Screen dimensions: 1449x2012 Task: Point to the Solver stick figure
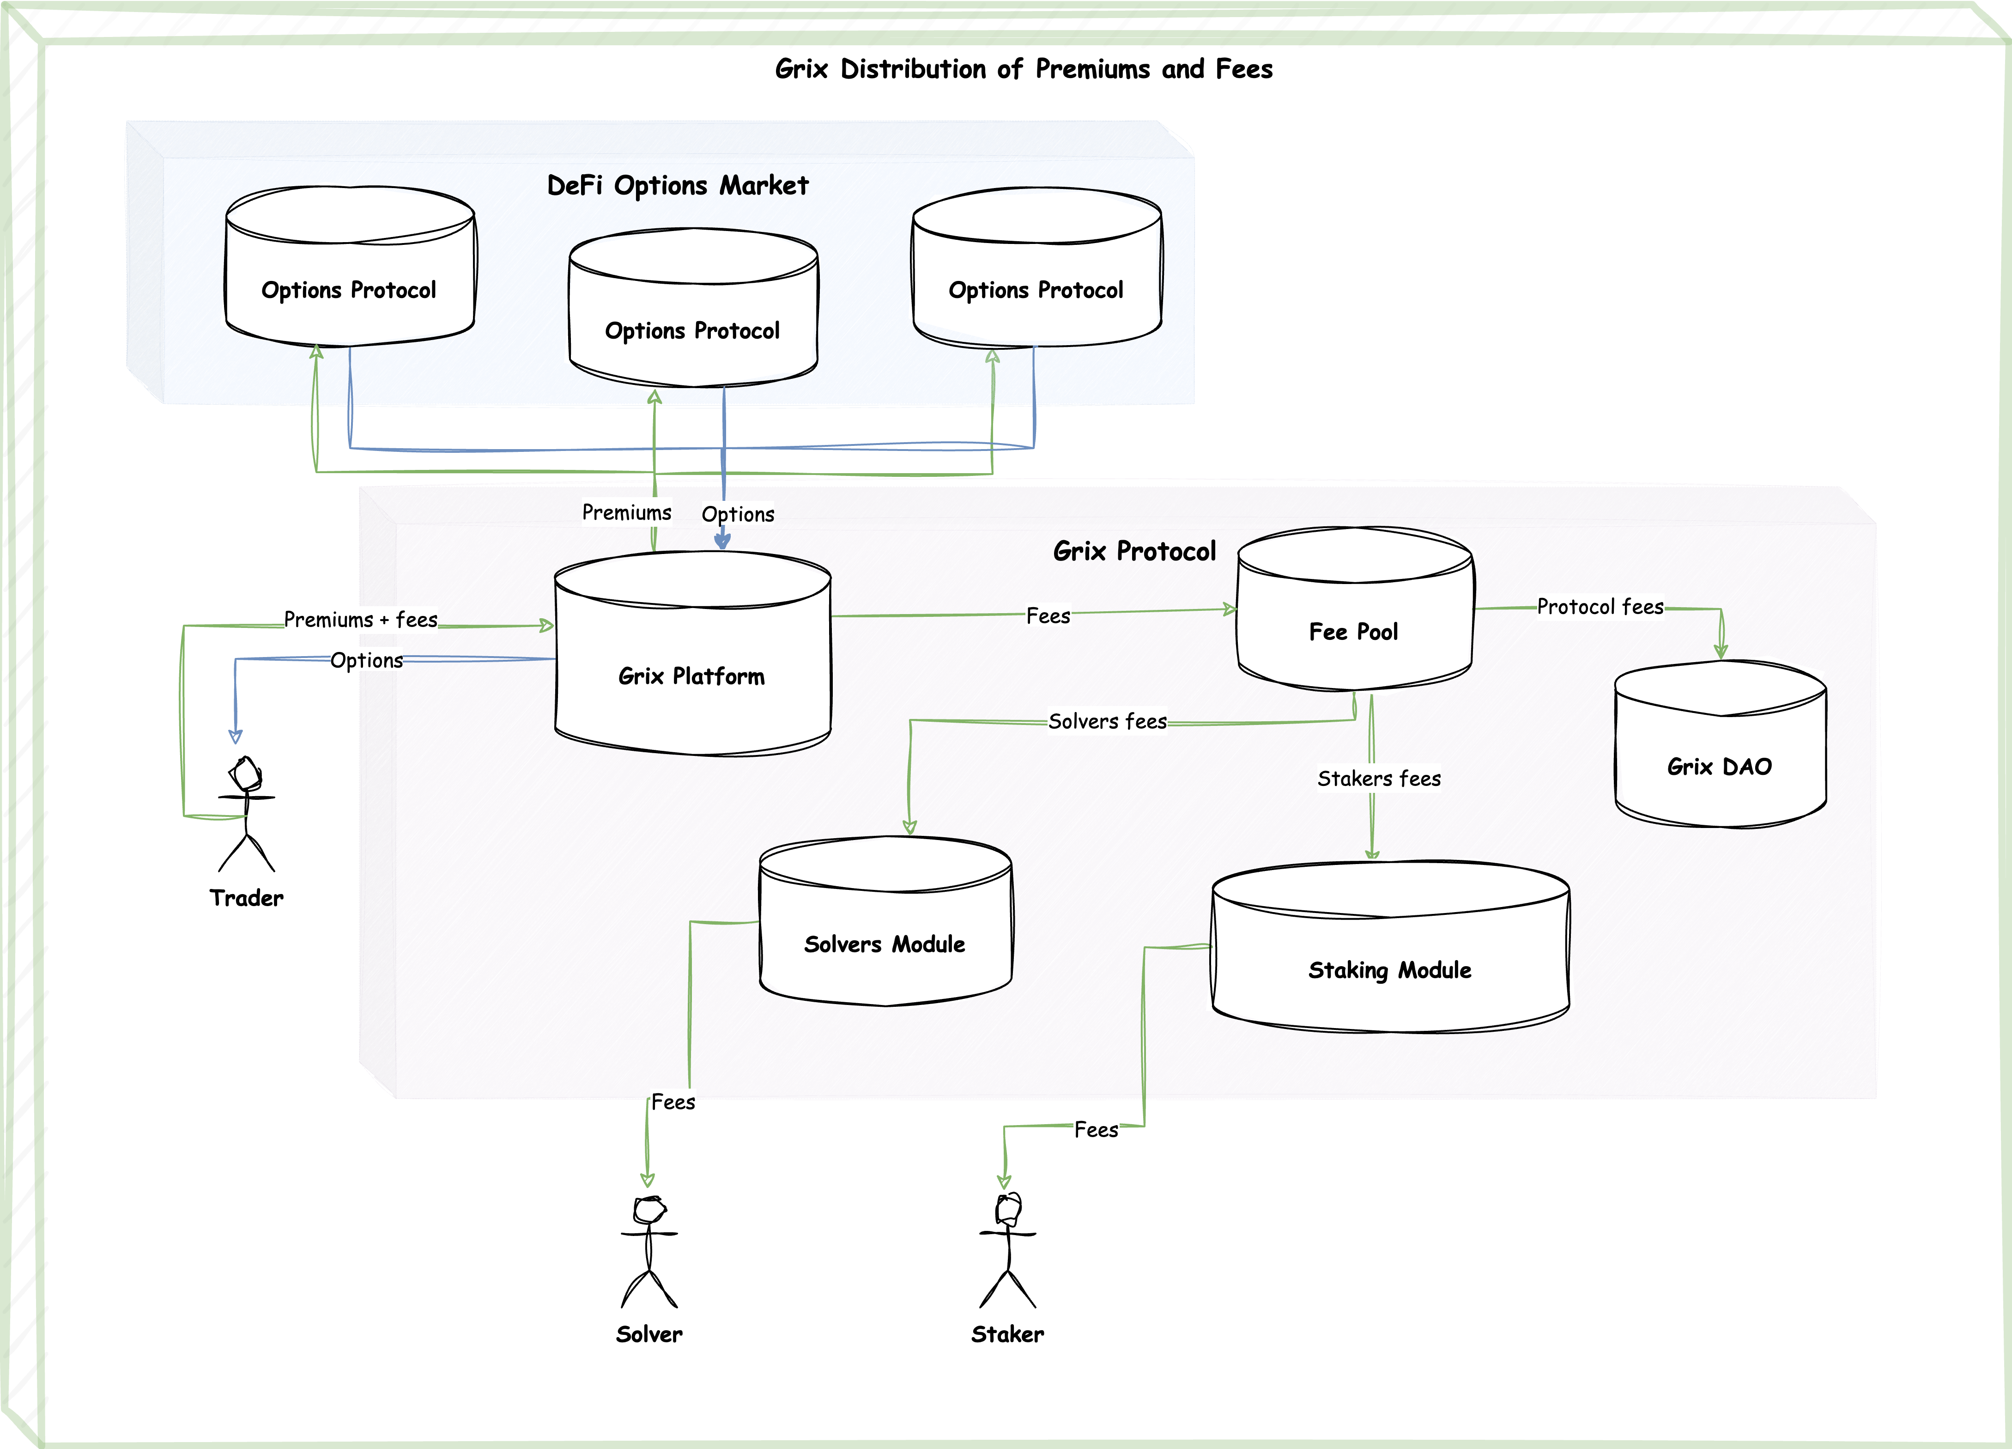point(649,1251)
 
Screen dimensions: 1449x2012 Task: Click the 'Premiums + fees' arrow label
point(360,619)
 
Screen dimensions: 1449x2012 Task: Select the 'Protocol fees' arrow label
point(1600,607)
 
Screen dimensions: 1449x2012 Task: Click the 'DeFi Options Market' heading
point(678,185)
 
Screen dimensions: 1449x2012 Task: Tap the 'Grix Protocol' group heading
point(1134,551)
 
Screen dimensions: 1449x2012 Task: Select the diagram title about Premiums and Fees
point(1024,69)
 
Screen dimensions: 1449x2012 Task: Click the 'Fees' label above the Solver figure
point(673,1102)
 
